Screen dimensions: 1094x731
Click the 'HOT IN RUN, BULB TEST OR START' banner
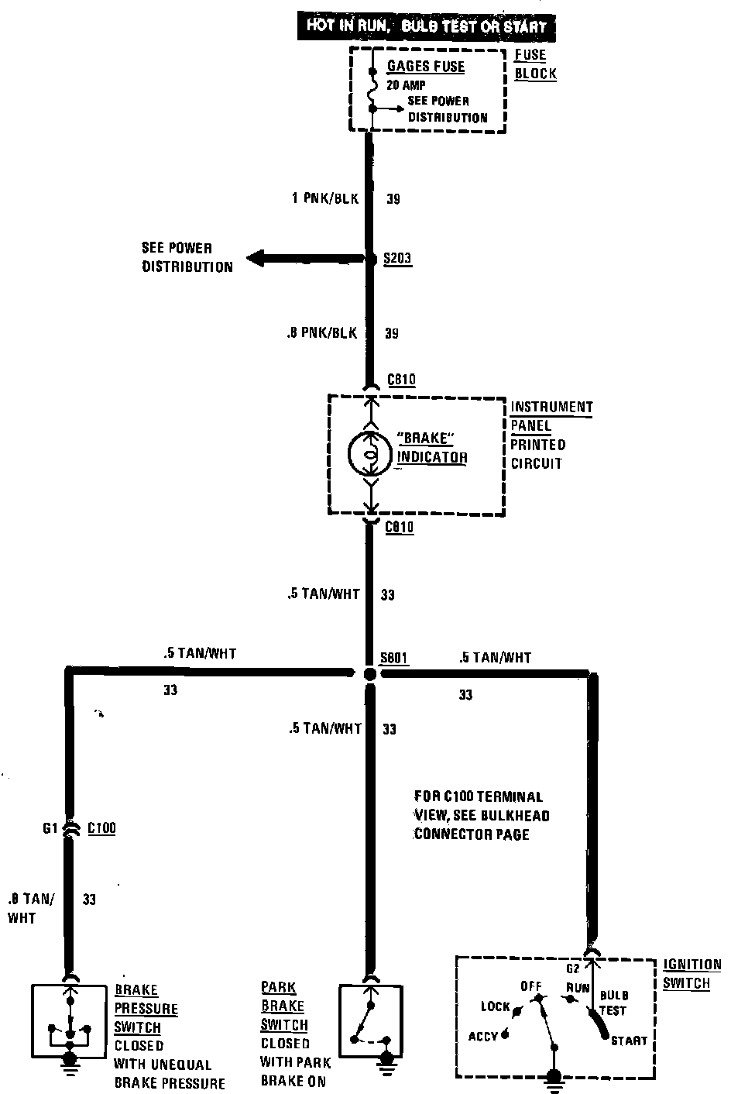(x=426, y=26)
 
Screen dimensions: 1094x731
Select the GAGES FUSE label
(x=426, y=67)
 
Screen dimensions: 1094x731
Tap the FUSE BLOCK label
(x=535, y=64)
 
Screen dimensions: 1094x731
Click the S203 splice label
(x=397, y=259)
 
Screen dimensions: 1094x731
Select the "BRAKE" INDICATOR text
(x=432, y=448)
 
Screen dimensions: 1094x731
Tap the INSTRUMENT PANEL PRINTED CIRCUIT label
(x=551, y=435)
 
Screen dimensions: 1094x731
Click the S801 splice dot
(x=370, y=674)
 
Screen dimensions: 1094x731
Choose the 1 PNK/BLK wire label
(x=325, y=198)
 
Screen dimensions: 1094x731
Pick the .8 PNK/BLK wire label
(x=321, y=333)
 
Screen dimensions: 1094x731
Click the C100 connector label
(x=101, y=828)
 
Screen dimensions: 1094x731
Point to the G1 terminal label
(x=50, y=828)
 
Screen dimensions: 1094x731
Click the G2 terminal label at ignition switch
(x=573, y=968)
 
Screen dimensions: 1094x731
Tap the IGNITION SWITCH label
(x=692, y=974)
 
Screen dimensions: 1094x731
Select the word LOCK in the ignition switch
(x=496, y=1006)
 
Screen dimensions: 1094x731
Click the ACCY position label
(x=482, y=1036)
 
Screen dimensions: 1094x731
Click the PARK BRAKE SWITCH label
(x=284, y=1006)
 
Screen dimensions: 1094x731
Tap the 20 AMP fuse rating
(x=406, y=85)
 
